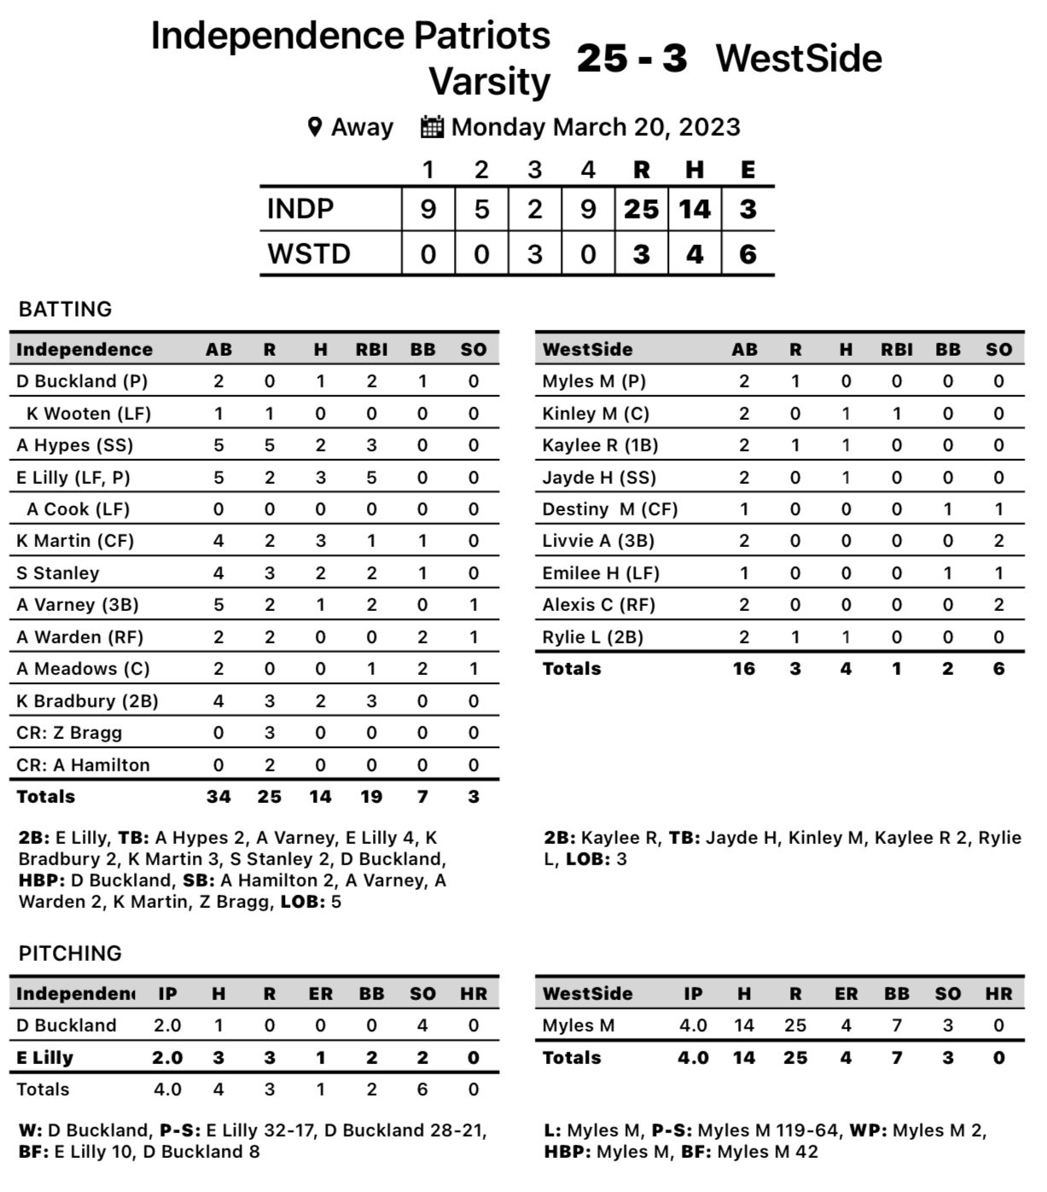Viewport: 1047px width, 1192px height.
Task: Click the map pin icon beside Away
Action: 315,128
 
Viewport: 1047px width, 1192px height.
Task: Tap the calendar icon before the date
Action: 432,128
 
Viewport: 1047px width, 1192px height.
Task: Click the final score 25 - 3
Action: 631,58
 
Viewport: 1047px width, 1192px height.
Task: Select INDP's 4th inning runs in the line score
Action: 588,209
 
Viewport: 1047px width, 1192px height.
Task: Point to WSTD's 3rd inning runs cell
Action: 535,254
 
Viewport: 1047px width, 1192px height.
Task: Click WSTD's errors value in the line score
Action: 747,254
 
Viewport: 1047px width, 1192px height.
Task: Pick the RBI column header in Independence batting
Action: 372,349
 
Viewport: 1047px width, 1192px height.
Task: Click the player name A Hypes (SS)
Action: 74,445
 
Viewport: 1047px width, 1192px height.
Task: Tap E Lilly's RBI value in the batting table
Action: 372,477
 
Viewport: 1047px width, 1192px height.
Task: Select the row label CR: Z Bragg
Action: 69,732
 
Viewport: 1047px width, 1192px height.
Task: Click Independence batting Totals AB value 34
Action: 218,796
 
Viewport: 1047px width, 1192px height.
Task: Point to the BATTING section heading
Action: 65,309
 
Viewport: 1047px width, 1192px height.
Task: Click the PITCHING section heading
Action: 70,953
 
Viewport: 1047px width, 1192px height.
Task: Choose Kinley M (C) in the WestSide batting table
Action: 596,413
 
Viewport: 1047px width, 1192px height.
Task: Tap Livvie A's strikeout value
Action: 998,541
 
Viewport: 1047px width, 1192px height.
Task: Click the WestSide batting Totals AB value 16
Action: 744,668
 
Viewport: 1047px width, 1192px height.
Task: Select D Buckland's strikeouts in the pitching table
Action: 422,1025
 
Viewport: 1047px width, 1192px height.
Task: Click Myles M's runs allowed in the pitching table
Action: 795,1025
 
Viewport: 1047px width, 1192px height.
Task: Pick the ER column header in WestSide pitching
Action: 846,993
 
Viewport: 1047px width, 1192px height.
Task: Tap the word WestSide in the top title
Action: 799,58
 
